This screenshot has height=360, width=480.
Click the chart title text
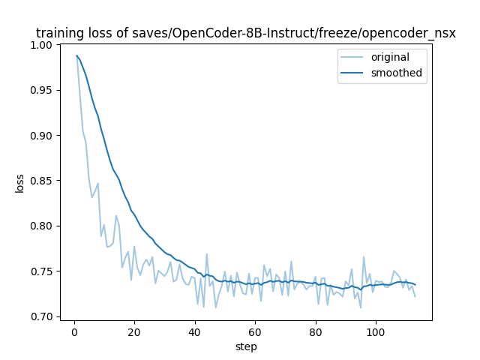tap(246, 33)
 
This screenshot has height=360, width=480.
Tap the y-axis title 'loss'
tap(20, 183)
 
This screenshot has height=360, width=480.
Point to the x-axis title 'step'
tap(246, 346)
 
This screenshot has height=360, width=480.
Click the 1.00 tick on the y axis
tap(40, 45)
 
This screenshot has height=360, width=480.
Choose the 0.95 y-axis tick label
tap(40, 90)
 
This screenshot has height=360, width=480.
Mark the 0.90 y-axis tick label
tap(40, 136)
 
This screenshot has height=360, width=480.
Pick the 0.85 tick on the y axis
tap(40, 181)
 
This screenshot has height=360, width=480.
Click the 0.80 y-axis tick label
tap(40, 226)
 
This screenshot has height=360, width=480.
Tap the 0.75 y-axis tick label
tap(40, 271)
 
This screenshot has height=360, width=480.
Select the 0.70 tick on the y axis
tap(40, 316)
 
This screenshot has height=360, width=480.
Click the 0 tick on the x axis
tap(74, 331)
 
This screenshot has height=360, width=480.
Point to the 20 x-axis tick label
tap(134, 331)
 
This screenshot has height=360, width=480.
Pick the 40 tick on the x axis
tap(195, 331)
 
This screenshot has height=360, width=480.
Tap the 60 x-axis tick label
tap(255, 331)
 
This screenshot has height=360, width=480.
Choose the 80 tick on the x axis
tap(316, 331)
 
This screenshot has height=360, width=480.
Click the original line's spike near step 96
tap(364, 257)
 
